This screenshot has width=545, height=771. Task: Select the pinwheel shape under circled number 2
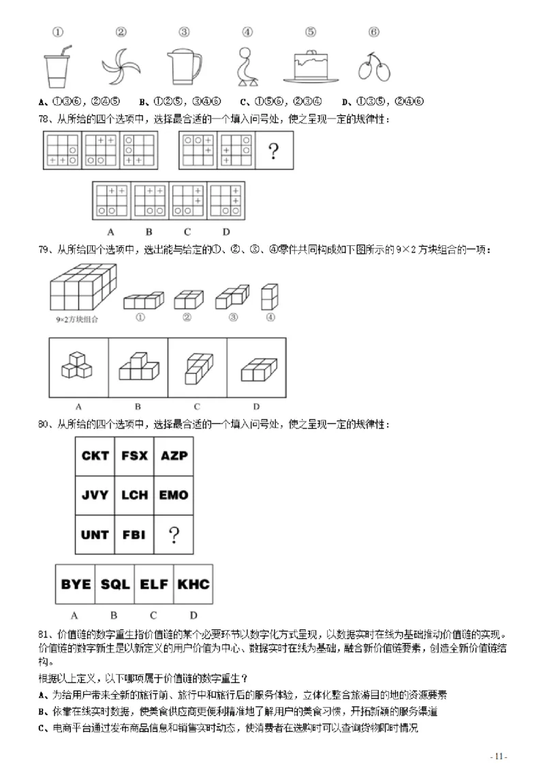(x=121, y=66)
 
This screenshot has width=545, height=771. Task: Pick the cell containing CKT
(x=95, y=456)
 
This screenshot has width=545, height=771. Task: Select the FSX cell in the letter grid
(x=134, y=456)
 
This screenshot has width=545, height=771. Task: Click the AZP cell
(x=174, y=456)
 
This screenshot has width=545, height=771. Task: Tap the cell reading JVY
(x=95, y=495)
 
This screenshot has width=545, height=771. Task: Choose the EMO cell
(x=174, y=495)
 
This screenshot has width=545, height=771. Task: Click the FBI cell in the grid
(x=134, y=535)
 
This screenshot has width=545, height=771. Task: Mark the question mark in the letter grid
(x=174, y=535)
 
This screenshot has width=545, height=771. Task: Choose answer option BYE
(x=76, y=584)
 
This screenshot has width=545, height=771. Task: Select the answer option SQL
(x=115, y=584)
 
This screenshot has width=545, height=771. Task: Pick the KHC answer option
(x=193, y=584)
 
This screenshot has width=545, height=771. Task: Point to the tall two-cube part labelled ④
(x=270, y=296)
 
